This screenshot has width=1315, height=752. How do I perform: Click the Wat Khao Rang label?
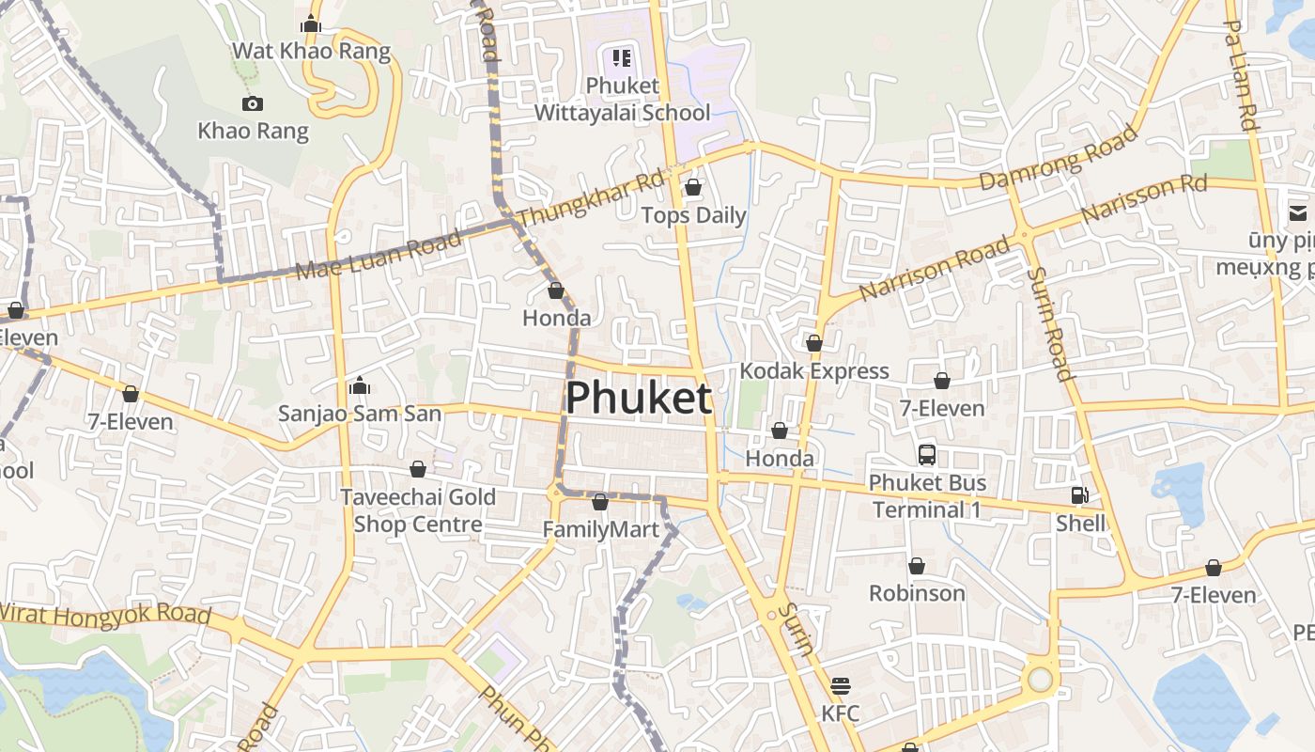(x=311, y=51)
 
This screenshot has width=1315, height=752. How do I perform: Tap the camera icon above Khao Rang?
(x=252, y=103)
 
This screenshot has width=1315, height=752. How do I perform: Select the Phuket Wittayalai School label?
(x=622, y=99)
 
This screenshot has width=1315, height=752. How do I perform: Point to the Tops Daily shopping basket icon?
(x=693, y=188)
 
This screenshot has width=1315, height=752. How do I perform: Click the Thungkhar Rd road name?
(x=590, y=197)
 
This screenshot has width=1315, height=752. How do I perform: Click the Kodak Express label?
(x=813, y=371)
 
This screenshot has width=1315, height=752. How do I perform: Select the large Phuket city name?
(x=638, y=399)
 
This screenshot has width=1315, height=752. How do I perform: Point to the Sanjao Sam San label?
(x=359, y=413)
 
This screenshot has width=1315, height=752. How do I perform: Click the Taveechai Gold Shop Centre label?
(x=417, y=510)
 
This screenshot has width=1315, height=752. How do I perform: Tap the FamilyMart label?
(x=601, y=530)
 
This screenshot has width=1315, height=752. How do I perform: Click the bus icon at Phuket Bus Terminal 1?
(x=927, y=455)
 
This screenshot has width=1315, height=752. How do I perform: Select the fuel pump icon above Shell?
(x=1080, y=495)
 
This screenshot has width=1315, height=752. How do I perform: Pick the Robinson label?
(x=917, y=593)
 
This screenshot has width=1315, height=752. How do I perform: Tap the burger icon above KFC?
(x=840, y=685)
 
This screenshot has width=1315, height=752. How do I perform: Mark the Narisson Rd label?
(x=1143, y=199)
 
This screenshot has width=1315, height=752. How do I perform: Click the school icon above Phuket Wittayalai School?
(x=622, y=58)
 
